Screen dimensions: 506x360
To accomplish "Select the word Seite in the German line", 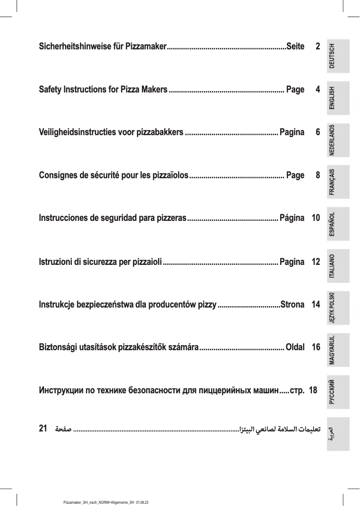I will (x=295, y=47).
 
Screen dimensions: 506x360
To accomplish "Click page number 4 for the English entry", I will (x=318, y=89).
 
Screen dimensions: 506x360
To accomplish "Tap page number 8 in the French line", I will (x=318, y=175).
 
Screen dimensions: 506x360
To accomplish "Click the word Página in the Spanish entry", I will (x=292, y=219).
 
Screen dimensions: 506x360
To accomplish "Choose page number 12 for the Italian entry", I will (x=316, y=262).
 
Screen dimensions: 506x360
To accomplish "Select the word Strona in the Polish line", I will (x=292, y=305).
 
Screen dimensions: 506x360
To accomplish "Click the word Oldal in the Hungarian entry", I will (x=295, y=348).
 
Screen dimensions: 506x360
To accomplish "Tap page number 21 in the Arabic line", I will (x=44, y=428).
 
